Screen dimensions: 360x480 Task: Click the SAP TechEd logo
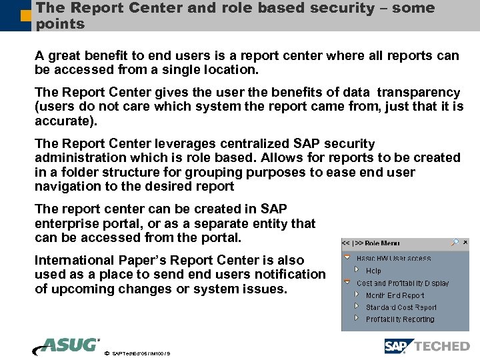(x=427, y=346)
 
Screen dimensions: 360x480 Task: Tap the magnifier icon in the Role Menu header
(x=454, y=243)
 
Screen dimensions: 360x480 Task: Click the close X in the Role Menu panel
(x=465, y=243)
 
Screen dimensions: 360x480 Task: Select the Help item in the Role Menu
(x=373, y=271)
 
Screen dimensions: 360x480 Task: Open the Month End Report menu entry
(x=395, y=295)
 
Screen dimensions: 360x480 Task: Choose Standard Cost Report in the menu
(x=401, y=307)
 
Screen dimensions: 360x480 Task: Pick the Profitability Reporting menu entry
(x=399, y=319)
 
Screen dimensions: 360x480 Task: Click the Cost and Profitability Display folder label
(x=403, y=283)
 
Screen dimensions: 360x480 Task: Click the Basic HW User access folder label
(x=393, y=259)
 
